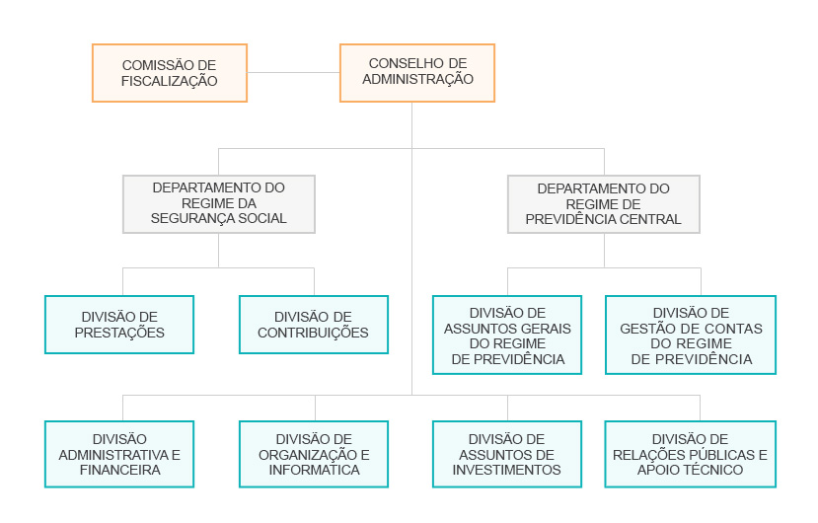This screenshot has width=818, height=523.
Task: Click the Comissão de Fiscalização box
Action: coord(170,73)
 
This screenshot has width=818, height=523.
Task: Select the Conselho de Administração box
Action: coord(417,73)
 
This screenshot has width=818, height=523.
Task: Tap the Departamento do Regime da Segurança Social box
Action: coord(219,204)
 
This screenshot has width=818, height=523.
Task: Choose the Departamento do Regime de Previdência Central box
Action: coord(604,204)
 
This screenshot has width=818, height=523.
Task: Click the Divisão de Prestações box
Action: coord(119,325)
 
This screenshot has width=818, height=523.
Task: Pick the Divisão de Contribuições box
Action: coord(314,325)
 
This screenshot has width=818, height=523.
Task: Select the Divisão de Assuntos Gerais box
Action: coord(507,336)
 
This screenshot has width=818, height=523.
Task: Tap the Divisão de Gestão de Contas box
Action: coord(691,336)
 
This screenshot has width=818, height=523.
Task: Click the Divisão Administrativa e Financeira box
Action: coord(119,454)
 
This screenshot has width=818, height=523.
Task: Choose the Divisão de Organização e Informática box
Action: coord(314,454)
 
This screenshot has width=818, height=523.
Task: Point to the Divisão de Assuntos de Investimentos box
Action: coord(507,454)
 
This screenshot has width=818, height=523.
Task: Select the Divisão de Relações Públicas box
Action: coord(691,454)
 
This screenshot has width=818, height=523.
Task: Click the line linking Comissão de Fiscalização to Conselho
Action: coord(294,73)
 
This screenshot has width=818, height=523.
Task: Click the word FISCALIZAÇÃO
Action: coord(170,81)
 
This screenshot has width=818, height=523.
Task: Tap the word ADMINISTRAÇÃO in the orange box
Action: coord(417,79)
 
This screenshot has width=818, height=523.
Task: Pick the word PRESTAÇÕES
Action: coord(119,333)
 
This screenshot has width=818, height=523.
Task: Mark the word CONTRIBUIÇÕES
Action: coord(313,333)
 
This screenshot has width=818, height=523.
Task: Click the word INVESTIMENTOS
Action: coord(506,470)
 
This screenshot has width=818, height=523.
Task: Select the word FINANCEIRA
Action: coord(120,470)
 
